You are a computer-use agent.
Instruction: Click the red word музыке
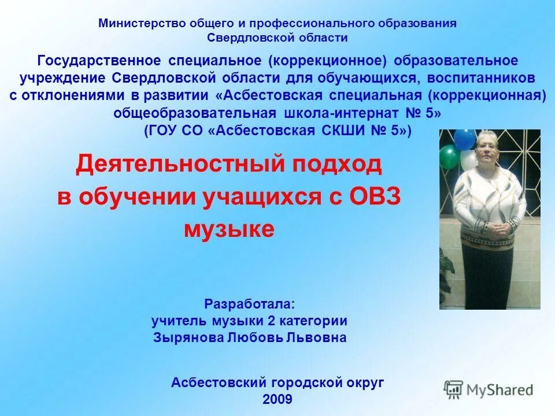[x=228, y=229]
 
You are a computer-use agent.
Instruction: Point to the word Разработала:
[x=249, y=304]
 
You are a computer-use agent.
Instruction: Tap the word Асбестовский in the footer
[x=218, y=382]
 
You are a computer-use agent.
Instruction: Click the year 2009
[x=277, y=399]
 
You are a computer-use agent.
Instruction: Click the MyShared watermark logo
[x=489, y=389]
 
